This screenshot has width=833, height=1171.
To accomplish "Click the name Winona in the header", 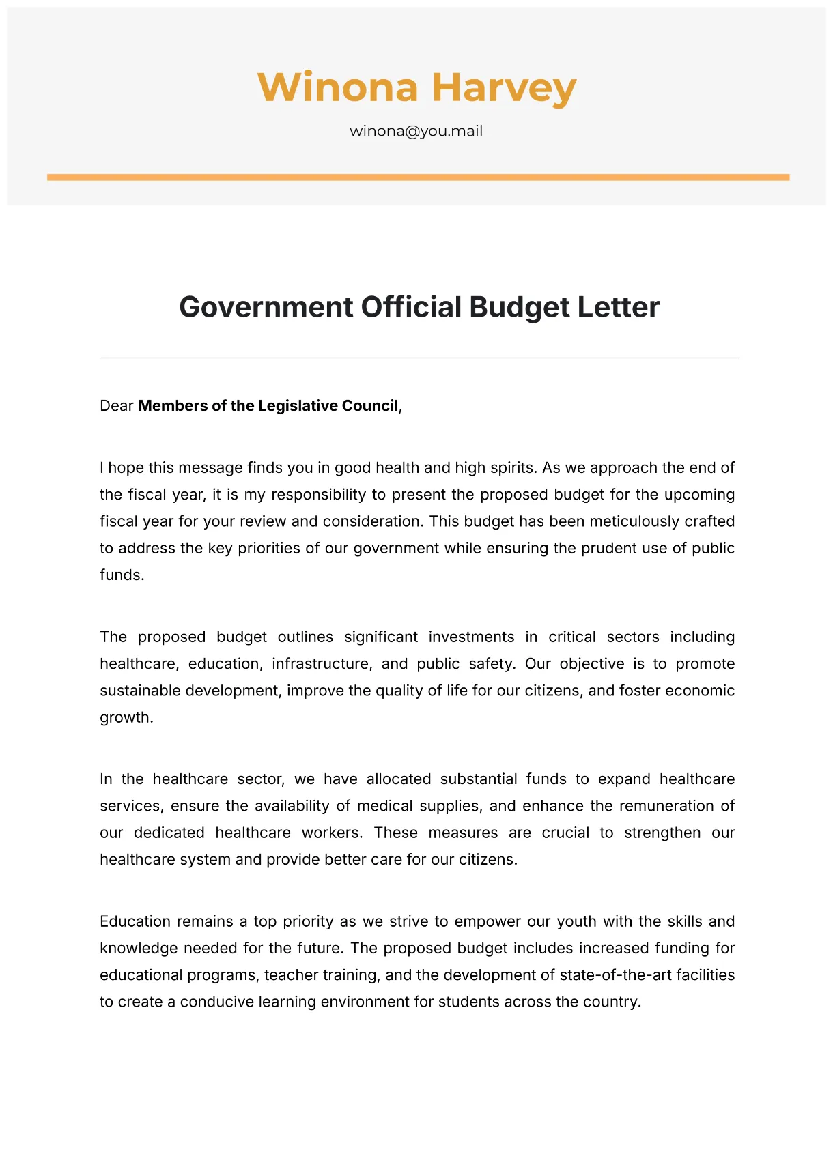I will coord(337,88).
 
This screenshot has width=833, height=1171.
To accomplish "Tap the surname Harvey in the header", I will coord(504,88).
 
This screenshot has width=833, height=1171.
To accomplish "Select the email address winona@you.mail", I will coord(416,131).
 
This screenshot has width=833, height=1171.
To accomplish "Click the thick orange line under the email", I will coord(418,177).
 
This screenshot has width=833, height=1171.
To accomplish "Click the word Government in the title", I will coord(265,307).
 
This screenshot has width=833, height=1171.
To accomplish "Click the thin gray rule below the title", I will coord(419,358).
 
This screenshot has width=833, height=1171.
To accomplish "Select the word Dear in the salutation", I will coord(116,406).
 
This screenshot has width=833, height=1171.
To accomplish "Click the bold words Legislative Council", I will coord(328,406).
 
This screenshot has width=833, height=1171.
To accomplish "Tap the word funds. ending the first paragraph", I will coord(122,575).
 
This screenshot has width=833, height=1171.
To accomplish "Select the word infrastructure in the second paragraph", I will coord(321,663).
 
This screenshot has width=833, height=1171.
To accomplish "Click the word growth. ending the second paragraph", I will coord(126,717).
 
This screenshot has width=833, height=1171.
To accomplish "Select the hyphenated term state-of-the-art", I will coord(615,974).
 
